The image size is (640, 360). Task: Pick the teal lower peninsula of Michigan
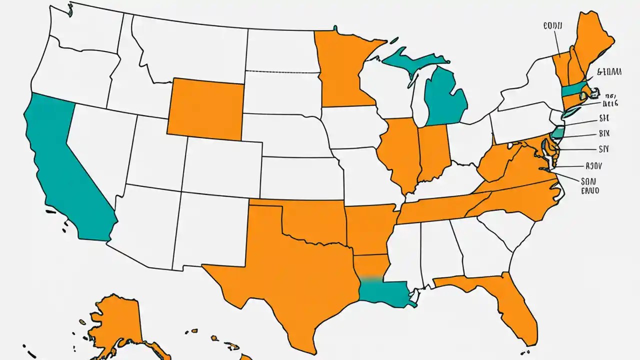coord(445,97)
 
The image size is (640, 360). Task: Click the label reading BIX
coord(604,133)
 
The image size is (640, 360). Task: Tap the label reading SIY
coord(604,148)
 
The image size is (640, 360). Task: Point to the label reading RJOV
coord(594,165)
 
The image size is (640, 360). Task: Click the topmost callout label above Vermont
coord(553,24)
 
